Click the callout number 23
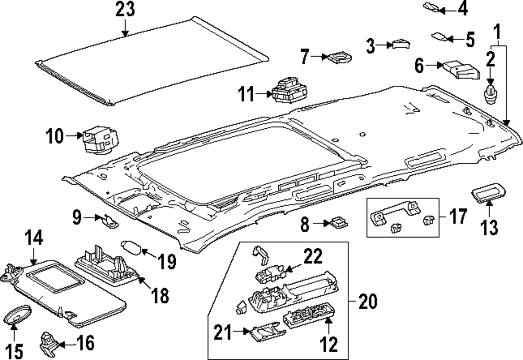126,10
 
